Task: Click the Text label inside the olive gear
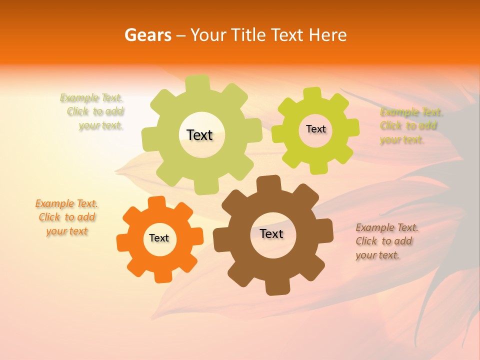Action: tap(199, 135)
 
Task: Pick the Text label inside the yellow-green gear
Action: tap(315, 129)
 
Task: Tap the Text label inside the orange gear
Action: tap(159, 238)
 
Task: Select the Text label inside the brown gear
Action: tap(271, 233)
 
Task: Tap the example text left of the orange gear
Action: tap(66, 217)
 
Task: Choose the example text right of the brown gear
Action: tap(386, 241)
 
